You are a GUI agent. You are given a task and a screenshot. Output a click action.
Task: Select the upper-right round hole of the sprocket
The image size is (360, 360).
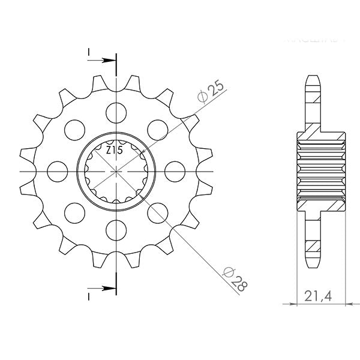point(157,128)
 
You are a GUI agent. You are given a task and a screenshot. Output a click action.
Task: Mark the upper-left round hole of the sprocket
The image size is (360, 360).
point(73,128)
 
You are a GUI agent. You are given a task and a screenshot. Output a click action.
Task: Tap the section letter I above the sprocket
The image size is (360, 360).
point(88,53)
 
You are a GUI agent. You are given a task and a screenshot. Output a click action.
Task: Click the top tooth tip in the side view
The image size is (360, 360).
point(313,79)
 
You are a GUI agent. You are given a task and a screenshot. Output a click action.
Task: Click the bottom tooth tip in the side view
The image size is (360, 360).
point(313,263)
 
